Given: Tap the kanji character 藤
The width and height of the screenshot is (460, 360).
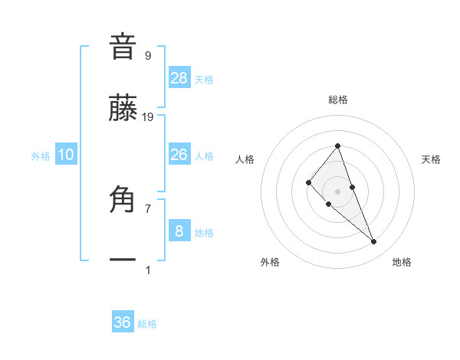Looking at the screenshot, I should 123,110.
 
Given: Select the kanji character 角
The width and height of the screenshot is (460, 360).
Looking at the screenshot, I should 123,201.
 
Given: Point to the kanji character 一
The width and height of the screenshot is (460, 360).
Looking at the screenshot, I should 123,260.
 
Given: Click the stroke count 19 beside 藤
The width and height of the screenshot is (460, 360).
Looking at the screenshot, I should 148,117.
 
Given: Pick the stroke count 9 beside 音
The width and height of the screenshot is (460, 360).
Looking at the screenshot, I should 147,56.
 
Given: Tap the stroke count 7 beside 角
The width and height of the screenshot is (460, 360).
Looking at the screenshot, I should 147,208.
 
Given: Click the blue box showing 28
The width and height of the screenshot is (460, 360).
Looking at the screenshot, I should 179,77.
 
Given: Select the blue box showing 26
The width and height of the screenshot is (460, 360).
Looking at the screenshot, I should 179,155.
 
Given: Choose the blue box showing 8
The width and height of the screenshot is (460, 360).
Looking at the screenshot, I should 179,231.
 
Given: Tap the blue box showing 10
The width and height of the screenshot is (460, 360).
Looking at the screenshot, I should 66,155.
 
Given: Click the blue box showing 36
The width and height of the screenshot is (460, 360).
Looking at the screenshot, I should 123,322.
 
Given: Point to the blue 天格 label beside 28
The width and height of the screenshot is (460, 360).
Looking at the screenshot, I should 204,80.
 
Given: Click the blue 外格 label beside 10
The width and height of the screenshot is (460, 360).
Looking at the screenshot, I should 41,156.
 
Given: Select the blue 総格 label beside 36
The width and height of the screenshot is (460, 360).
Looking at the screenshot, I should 147,324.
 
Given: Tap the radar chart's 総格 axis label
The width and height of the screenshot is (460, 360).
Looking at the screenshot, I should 338,100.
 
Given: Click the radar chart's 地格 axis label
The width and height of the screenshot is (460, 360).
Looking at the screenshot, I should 402,262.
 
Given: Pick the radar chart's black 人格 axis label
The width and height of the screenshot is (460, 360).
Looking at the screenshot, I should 245,159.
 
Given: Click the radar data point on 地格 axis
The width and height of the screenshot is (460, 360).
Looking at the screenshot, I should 374,242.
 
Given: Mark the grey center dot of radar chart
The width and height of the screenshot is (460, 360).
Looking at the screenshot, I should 338,191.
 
